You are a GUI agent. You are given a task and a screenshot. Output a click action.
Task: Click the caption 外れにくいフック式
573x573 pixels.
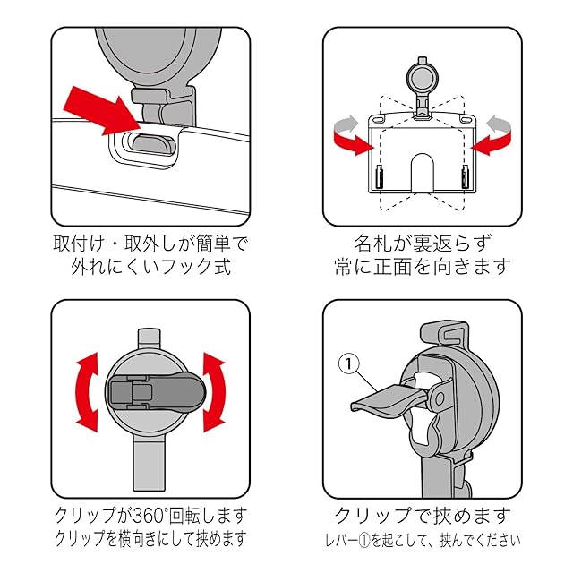tap(150, 267)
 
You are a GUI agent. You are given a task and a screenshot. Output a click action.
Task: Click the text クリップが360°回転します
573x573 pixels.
tap(150, 517)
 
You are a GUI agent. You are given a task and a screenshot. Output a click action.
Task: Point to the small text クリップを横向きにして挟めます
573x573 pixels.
tap(150, 540)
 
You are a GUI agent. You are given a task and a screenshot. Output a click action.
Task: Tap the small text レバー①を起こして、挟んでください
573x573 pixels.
tap(422, 541)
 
